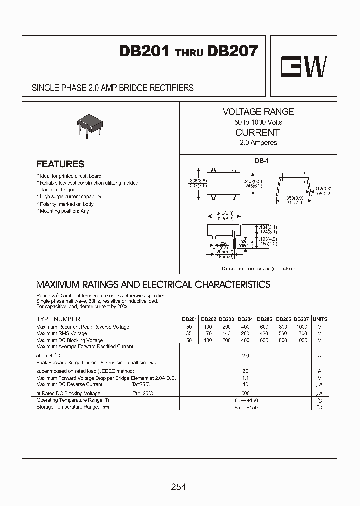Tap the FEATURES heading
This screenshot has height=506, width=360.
[60, 164]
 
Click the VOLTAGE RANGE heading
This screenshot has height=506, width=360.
[258, 112]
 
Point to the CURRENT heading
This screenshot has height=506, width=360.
[257, 132]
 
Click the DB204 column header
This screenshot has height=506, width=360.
[245, 319]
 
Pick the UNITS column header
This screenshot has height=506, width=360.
[320, 319]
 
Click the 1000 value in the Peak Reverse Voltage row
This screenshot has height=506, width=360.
[301, 327]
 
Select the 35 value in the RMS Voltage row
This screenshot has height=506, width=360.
[189, 333]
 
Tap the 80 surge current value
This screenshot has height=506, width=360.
[245, 371]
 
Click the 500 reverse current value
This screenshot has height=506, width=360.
[245, 393]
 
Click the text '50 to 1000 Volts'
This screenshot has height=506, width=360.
[258, 122]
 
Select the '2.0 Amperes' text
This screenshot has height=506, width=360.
[258, 143]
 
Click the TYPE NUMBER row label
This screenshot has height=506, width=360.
[58, 319]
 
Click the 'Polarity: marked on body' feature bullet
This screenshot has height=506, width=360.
[66, 204]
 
